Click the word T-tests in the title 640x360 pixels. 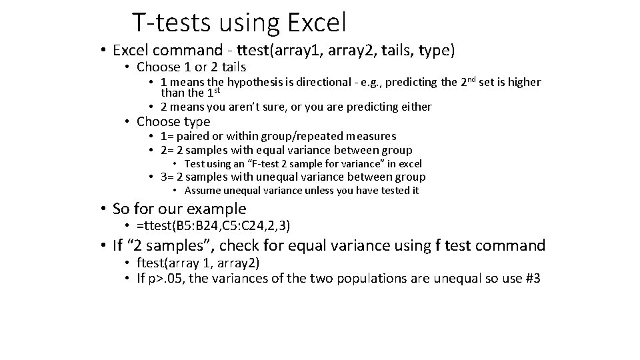tap(169, 23)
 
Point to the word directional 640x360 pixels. tap(321, 82)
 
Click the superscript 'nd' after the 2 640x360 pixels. tap(473, 79)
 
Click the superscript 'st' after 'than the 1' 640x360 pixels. tap(215, 90)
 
